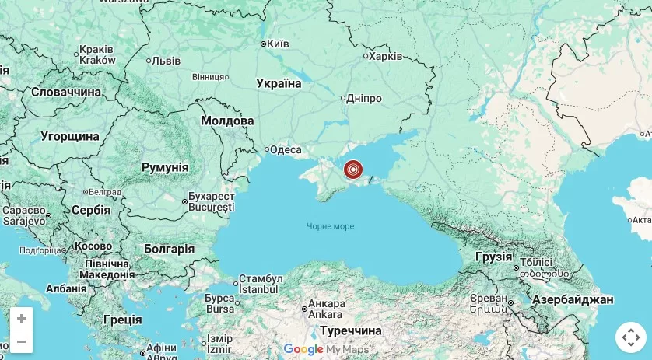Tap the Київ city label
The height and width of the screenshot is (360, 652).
tap(278, 44)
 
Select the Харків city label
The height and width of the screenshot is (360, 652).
tap(385, 56)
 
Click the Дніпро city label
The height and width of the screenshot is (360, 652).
tap(364, 99)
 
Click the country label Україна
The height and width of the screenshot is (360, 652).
tap(279, 83)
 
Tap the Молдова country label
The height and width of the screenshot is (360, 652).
tap(227, 121)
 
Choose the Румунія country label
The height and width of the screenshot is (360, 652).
tap(165, 167)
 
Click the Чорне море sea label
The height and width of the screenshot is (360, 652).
tap(330, 226)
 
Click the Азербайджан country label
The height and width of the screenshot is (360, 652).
tap(573, 299)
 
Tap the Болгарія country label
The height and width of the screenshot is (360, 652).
tap(169, 249)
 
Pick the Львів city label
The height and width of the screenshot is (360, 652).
tap(167, 61)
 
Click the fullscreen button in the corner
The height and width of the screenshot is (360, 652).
tap(631, 337)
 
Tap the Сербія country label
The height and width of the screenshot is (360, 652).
tap(91, 210)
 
